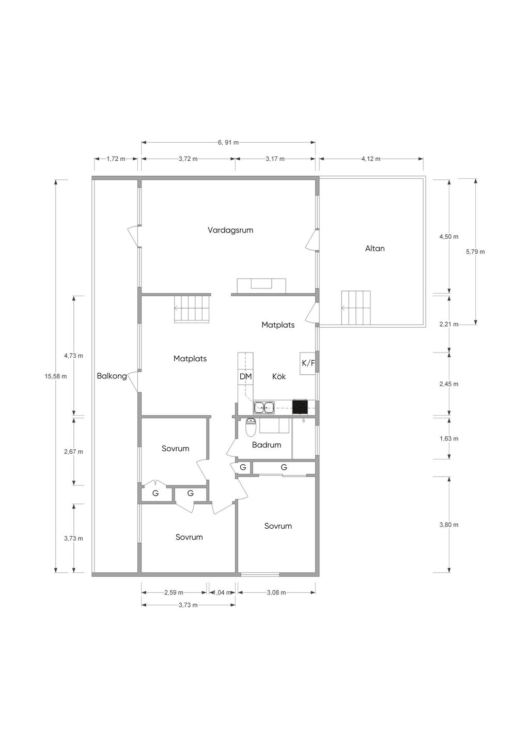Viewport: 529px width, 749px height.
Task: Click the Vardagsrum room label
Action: point(230,230)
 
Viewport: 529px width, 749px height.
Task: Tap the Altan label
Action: point(375,249)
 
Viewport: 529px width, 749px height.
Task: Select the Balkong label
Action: point(112,376)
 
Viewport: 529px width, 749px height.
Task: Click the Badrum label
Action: point(267,445)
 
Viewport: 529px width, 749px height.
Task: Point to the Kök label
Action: point(278,376)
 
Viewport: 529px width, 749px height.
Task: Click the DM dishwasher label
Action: point(245,376)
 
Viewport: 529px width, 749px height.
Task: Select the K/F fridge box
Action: point(308,363)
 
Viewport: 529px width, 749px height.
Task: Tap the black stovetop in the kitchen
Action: point(300,407)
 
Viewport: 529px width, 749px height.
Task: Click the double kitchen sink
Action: point(264,408)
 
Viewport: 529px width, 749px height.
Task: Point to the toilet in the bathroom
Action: point(250,427)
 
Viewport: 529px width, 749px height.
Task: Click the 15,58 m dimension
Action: point(56,376)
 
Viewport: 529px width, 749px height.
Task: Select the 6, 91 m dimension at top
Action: point(228,143)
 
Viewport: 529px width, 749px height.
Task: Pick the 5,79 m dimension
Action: point(475,252)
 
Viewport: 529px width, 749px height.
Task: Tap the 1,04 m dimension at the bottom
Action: point(221,592)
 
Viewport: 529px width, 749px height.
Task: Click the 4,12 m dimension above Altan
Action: point(371,159)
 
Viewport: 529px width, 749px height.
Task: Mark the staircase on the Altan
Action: point(356,308)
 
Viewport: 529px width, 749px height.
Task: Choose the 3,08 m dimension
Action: point(276,592)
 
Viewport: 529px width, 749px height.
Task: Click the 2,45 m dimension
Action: point(449,384)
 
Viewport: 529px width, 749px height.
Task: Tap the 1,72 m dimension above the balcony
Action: point(116,159)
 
